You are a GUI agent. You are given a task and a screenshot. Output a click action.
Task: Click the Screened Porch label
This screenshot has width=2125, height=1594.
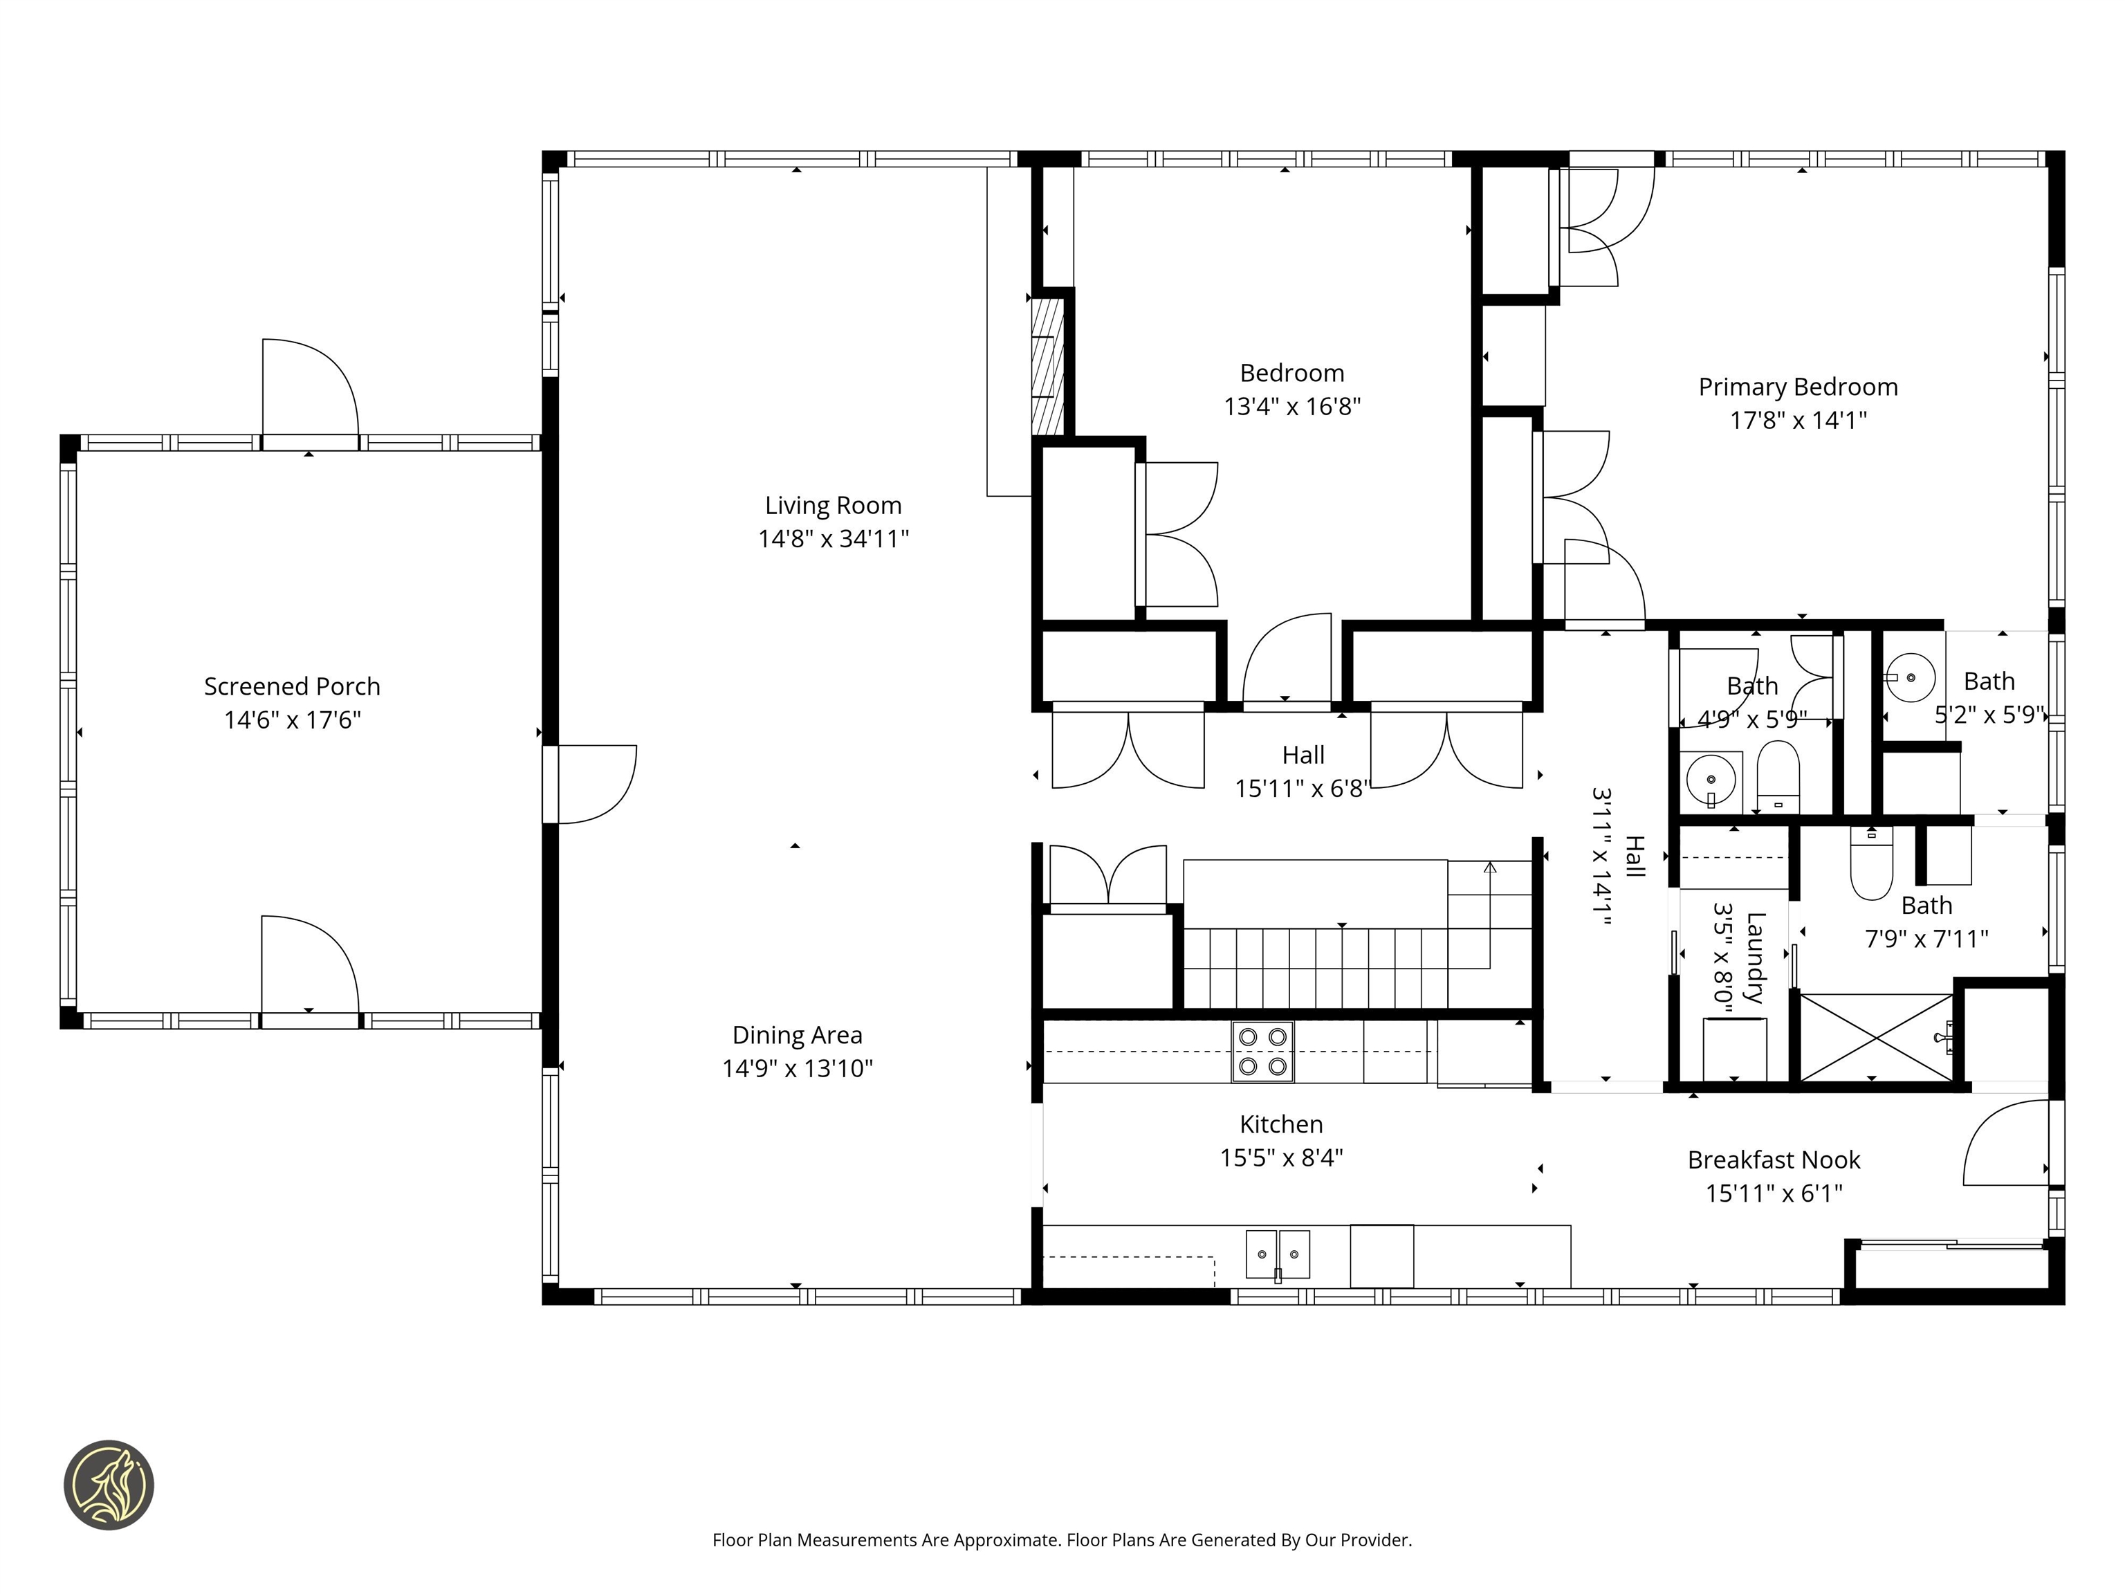[292, 686]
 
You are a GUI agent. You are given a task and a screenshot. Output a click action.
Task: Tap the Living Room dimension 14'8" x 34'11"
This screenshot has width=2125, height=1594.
[833, 539]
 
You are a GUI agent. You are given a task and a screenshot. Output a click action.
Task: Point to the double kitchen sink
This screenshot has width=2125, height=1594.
[1277, 1254]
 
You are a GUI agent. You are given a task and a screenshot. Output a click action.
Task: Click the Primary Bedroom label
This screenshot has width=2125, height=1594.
[1797, 387]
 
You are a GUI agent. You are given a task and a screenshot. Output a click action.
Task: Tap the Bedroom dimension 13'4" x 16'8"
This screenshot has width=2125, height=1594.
[1291, 406]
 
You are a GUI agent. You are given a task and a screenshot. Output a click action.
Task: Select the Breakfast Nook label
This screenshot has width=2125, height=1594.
[1774, 1160]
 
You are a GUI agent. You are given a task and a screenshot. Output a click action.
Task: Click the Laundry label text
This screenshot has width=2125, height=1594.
[1754, 958]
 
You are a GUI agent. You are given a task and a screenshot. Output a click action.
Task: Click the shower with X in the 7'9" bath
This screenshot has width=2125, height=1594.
[1875, 1038]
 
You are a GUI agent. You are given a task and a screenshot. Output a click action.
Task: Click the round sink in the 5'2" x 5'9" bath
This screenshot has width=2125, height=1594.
[1910, 677]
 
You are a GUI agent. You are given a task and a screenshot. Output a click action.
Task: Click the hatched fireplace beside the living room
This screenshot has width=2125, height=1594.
[1047, 365]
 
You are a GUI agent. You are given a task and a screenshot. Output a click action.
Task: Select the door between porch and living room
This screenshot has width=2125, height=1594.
[588, 784]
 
